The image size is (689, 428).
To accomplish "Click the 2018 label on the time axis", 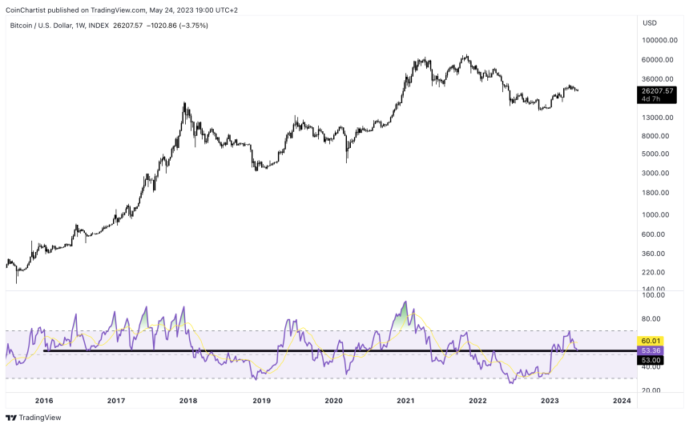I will pyautogui.click(x=188, y=400).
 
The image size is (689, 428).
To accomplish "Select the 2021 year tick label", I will pyautogui.click(x=405, y=400).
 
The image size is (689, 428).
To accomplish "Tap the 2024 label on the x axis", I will pyautogui.click(x=621, y=400).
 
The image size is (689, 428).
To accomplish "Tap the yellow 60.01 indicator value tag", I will pyautogui.click(x=650, y=341).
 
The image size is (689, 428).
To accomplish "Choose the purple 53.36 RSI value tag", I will pyautogui.click(x=650, y=350).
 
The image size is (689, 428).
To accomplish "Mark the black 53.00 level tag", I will pyautogui.click(x=650, y=359).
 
